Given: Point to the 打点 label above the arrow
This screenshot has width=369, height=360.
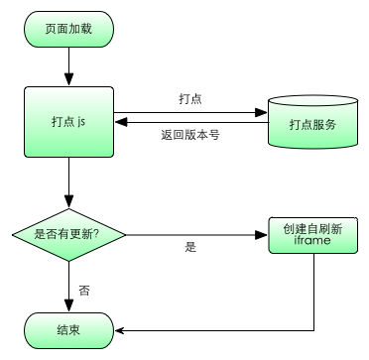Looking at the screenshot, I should point(190,99).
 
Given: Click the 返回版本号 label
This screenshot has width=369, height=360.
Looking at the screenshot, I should point(189,135).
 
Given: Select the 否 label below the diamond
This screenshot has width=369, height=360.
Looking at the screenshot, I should point(83,292).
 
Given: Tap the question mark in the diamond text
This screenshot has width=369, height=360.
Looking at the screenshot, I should point(122,234).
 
